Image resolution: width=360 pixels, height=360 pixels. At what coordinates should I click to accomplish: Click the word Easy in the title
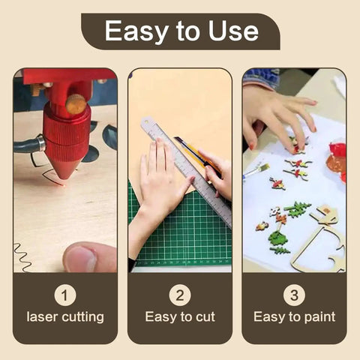[136, 31]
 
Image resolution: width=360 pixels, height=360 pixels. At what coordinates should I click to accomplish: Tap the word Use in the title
[233, 31]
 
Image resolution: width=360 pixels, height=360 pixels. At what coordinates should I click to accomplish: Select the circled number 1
[65, 295]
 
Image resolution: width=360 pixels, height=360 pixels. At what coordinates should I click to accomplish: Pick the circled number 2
[180, 295]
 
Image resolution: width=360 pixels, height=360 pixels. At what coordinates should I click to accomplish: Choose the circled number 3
[294, 295]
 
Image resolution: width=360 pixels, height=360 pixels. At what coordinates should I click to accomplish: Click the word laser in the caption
[42, 316]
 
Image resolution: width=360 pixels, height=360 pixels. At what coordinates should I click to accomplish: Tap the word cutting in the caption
[82, 317]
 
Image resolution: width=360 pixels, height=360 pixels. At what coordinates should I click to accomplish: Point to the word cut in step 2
[205, 316]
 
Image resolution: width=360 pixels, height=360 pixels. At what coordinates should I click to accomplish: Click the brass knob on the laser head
[76, 104]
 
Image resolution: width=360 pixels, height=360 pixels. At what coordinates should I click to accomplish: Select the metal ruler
[186, 172]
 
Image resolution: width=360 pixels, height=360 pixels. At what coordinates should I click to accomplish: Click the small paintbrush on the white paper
[256, 170]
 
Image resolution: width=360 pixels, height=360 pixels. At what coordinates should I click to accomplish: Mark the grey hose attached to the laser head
[29, 145]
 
